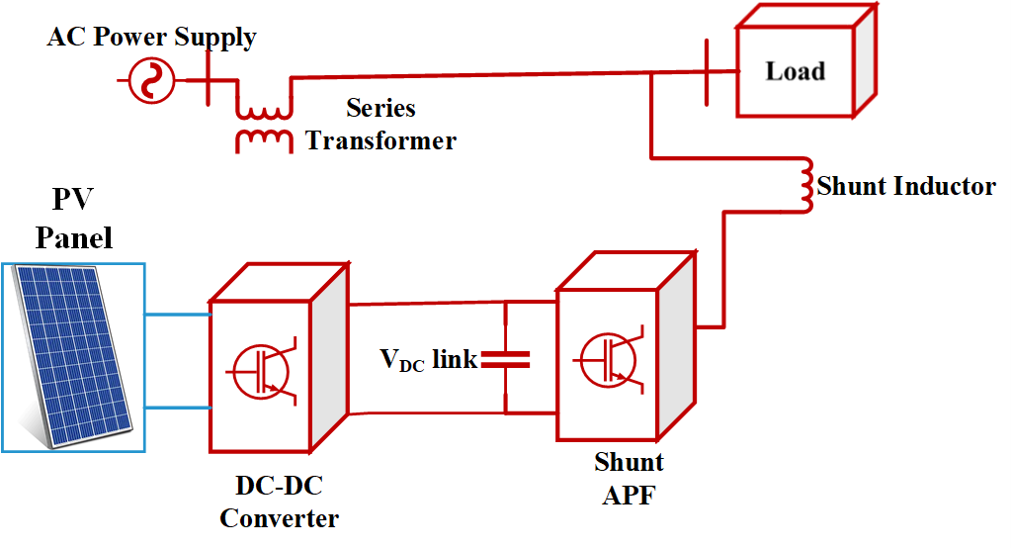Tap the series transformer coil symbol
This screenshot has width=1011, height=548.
pyautogui.click(x=263, y=118)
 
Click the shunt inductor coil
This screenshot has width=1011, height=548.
pyautogui.click(x=804, y=185)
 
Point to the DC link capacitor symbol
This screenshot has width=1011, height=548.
pyautogui.click(x=505, y=360)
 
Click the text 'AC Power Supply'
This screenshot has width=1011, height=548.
pyautogui.click(x=152, y=39)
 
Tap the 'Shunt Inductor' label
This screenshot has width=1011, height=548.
pyautogui.click(x=905, y=185)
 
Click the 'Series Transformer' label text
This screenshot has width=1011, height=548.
pyautogui.click(x=381, y=125)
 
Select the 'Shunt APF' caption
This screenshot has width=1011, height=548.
pyautogui.click(x=629, y=478)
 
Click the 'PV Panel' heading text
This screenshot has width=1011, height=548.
pyautogui.click(x=73, y=219)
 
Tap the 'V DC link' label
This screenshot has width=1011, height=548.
pyautogui.click(x=428, y=360)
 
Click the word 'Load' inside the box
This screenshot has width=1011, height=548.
pyautogui.click(x=796, y=71)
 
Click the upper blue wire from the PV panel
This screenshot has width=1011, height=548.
pyautogui.click(x=178, y=316)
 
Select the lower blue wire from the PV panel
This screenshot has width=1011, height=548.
pyautogui.click(x=178, y=408)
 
